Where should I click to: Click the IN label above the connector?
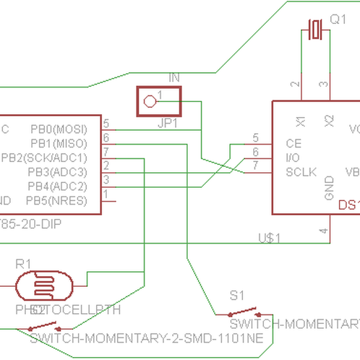174,78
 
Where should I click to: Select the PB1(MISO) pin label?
59,144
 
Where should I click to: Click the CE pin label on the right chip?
293,144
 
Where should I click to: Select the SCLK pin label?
301,172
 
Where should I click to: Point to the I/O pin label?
293,158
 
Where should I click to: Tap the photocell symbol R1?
43,286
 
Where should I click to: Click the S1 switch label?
238,295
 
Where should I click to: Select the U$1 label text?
269,238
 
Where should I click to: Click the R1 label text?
23,263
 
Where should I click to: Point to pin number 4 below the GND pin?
323,231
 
